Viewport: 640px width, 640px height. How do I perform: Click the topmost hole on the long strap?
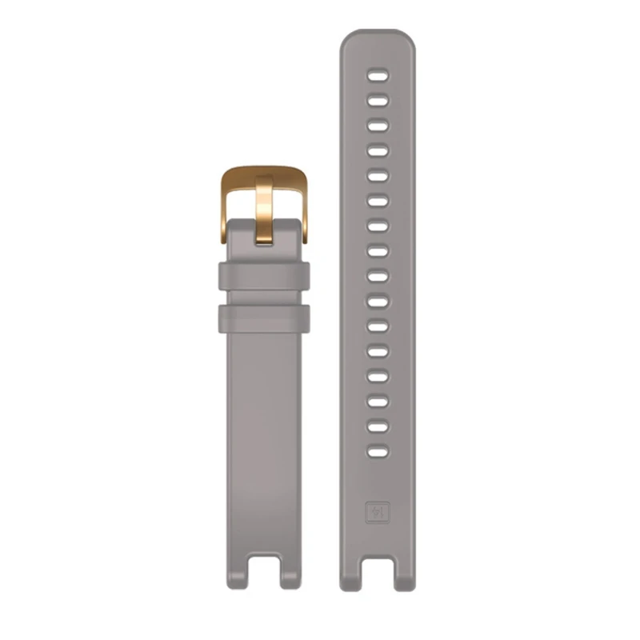pyautogui.click(x=378, y=77)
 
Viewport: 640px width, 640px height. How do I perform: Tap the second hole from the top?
pyautogui.click(x=378, y=102)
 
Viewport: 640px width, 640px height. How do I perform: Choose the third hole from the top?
pyautogui.click(x=378, y=126)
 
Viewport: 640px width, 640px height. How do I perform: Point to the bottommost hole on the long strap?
pyautogui.click(x=378, y=452)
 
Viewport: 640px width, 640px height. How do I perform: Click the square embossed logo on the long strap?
pyautogui.click(x=378, y=511)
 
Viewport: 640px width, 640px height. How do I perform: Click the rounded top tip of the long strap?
pyautogui.click(x=378, y=36)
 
